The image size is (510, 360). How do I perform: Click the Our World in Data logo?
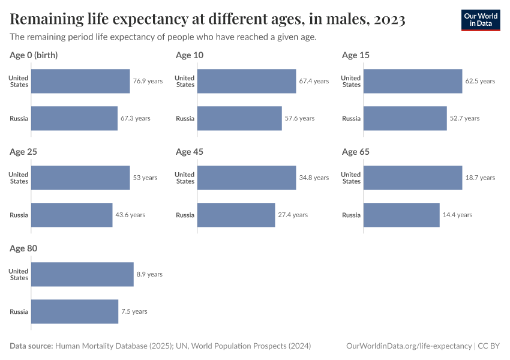[481, 20]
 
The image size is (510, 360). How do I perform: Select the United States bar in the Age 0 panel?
[80, 81]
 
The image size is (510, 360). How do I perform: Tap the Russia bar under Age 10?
[239, 118]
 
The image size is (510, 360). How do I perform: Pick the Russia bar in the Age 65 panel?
[401, 215]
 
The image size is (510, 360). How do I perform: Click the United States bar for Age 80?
[82, 274]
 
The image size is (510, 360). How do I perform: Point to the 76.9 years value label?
[148, 81]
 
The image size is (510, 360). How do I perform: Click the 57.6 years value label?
[299, 118]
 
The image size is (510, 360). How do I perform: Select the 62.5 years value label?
[480, 81]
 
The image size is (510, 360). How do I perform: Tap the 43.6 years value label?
[130, 215]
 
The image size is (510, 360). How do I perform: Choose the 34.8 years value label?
[314, 178]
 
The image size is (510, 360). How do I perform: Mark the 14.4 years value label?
[457, 215]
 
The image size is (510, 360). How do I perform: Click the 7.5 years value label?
[134, 311]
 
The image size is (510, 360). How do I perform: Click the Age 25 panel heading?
[23, 152]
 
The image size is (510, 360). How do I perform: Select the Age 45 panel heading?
[190, 152]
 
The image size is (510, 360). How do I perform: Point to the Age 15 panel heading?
[356, 55]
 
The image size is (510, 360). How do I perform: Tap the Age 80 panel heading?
[23, 248]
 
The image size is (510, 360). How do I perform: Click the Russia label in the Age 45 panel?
[185, 215]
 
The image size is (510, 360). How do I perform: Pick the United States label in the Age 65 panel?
[351, 178]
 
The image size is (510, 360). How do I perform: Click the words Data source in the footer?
[31, 346]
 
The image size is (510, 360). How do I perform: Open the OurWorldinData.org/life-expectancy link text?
[409, 346]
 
